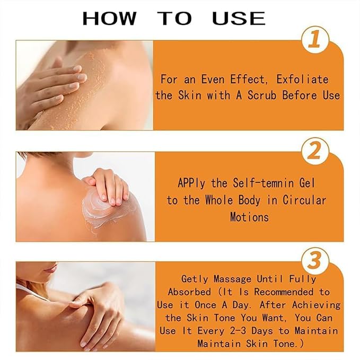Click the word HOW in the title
click(x=110, y=18)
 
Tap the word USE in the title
click(x=239, y=18)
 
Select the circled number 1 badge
click(x=315, y=40)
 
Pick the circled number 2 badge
click(x=315, y=151)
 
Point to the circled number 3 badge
click(x=315, y=261)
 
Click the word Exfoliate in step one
click(x=302, y=80)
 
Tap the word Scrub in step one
click(x=261, y=95)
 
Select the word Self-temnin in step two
click(x=264, y=183)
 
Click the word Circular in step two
click(x=304, y=200)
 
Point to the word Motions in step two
click(x=249, y=217)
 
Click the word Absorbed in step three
click(x=189, y=292)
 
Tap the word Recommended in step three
click(x=284, y=292)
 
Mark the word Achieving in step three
click(x=317, y=305)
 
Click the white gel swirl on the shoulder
click(x=108, y=210)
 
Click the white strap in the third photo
click(x=30, y=291)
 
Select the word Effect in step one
click(x=249, y=80)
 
